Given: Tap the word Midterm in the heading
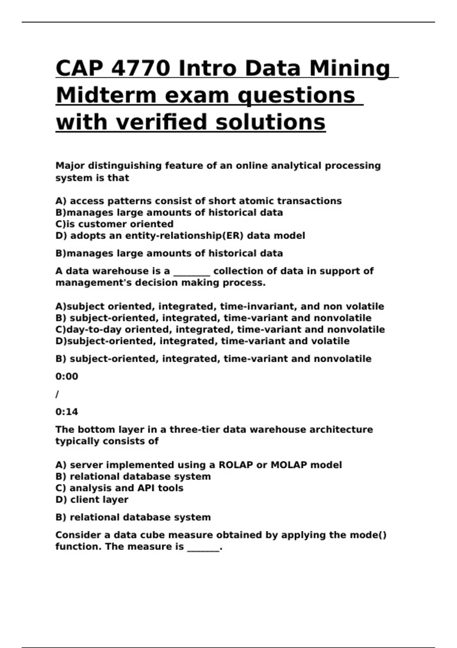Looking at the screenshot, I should (106, 95).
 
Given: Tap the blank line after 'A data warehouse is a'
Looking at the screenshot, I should (192, 271).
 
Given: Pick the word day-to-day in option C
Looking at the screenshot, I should (94, 329).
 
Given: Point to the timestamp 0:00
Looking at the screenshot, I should (67, 377).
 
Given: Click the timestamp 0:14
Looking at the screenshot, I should (67, 412).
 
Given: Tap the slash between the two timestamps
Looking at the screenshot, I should (57, 394).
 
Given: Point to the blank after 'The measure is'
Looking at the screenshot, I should (203, 547).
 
